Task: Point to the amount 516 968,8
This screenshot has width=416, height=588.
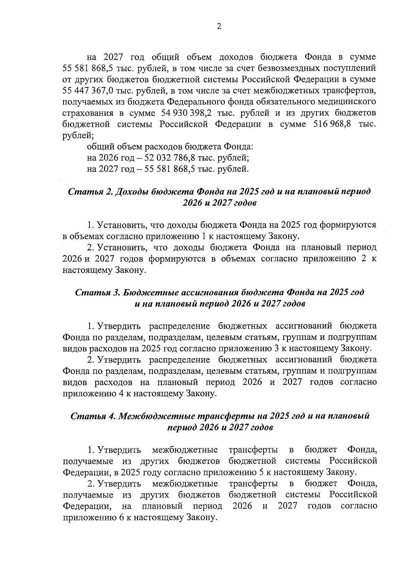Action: (x=333, y=124)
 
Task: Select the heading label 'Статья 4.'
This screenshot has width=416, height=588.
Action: (x=93, y=416)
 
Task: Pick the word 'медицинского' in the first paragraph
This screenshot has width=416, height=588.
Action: (x=341, y=102)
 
